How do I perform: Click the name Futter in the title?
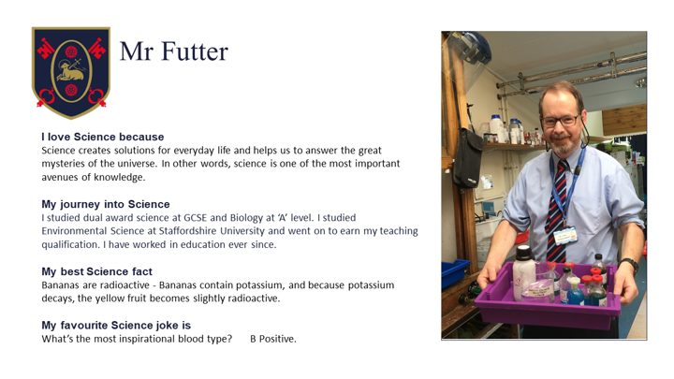tap(195, 51)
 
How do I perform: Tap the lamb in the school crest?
tap(70, 71)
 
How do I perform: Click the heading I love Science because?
tap(103, 137)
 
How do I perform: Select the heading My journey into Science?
tap(106, 204)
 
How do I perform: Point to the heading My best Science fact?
tap(96, 271)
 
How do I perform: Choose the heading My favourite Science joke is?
tap(116, 326)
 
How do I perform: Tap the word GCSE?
tap(195, 217)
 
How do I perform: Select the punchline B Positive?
tap(273, 339)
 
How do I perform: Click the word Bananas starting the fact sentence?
tap(59, 284)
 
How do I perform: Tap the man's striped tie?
tap(558, 210)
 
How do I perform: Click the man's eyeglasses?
tap(561, 121)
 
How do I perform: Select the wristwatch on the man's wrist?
tap(629, 265)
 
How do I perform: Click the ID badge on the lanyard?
tap(564, 236)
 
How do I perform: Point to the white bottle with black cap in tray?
tap(523, 272)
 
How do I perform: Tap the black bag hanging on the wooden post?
tap(468, 158)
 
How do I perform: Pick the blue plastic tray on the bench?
tap(454, 272)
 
